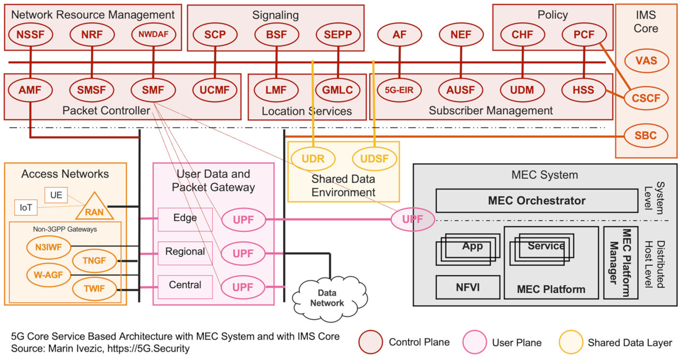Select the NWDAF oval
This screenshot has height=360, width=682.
153,34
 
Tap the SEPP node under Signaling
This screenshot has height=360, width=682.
338,34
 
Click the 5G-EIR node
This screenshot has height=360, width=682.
399,90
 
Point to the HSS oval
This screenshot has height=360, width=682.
583,90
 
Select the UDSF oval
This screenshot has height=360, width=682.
375,159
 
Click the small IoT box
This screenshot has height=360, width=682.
25,207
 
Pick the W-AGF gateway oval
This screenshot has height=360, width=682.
48,274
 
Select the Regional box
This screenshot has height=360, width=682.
185,252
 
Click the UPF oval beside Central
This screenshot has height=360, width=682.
242,287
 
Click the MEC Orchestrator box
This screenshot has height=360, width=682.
536,200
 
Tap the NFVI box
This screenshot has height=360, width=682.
467,287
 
